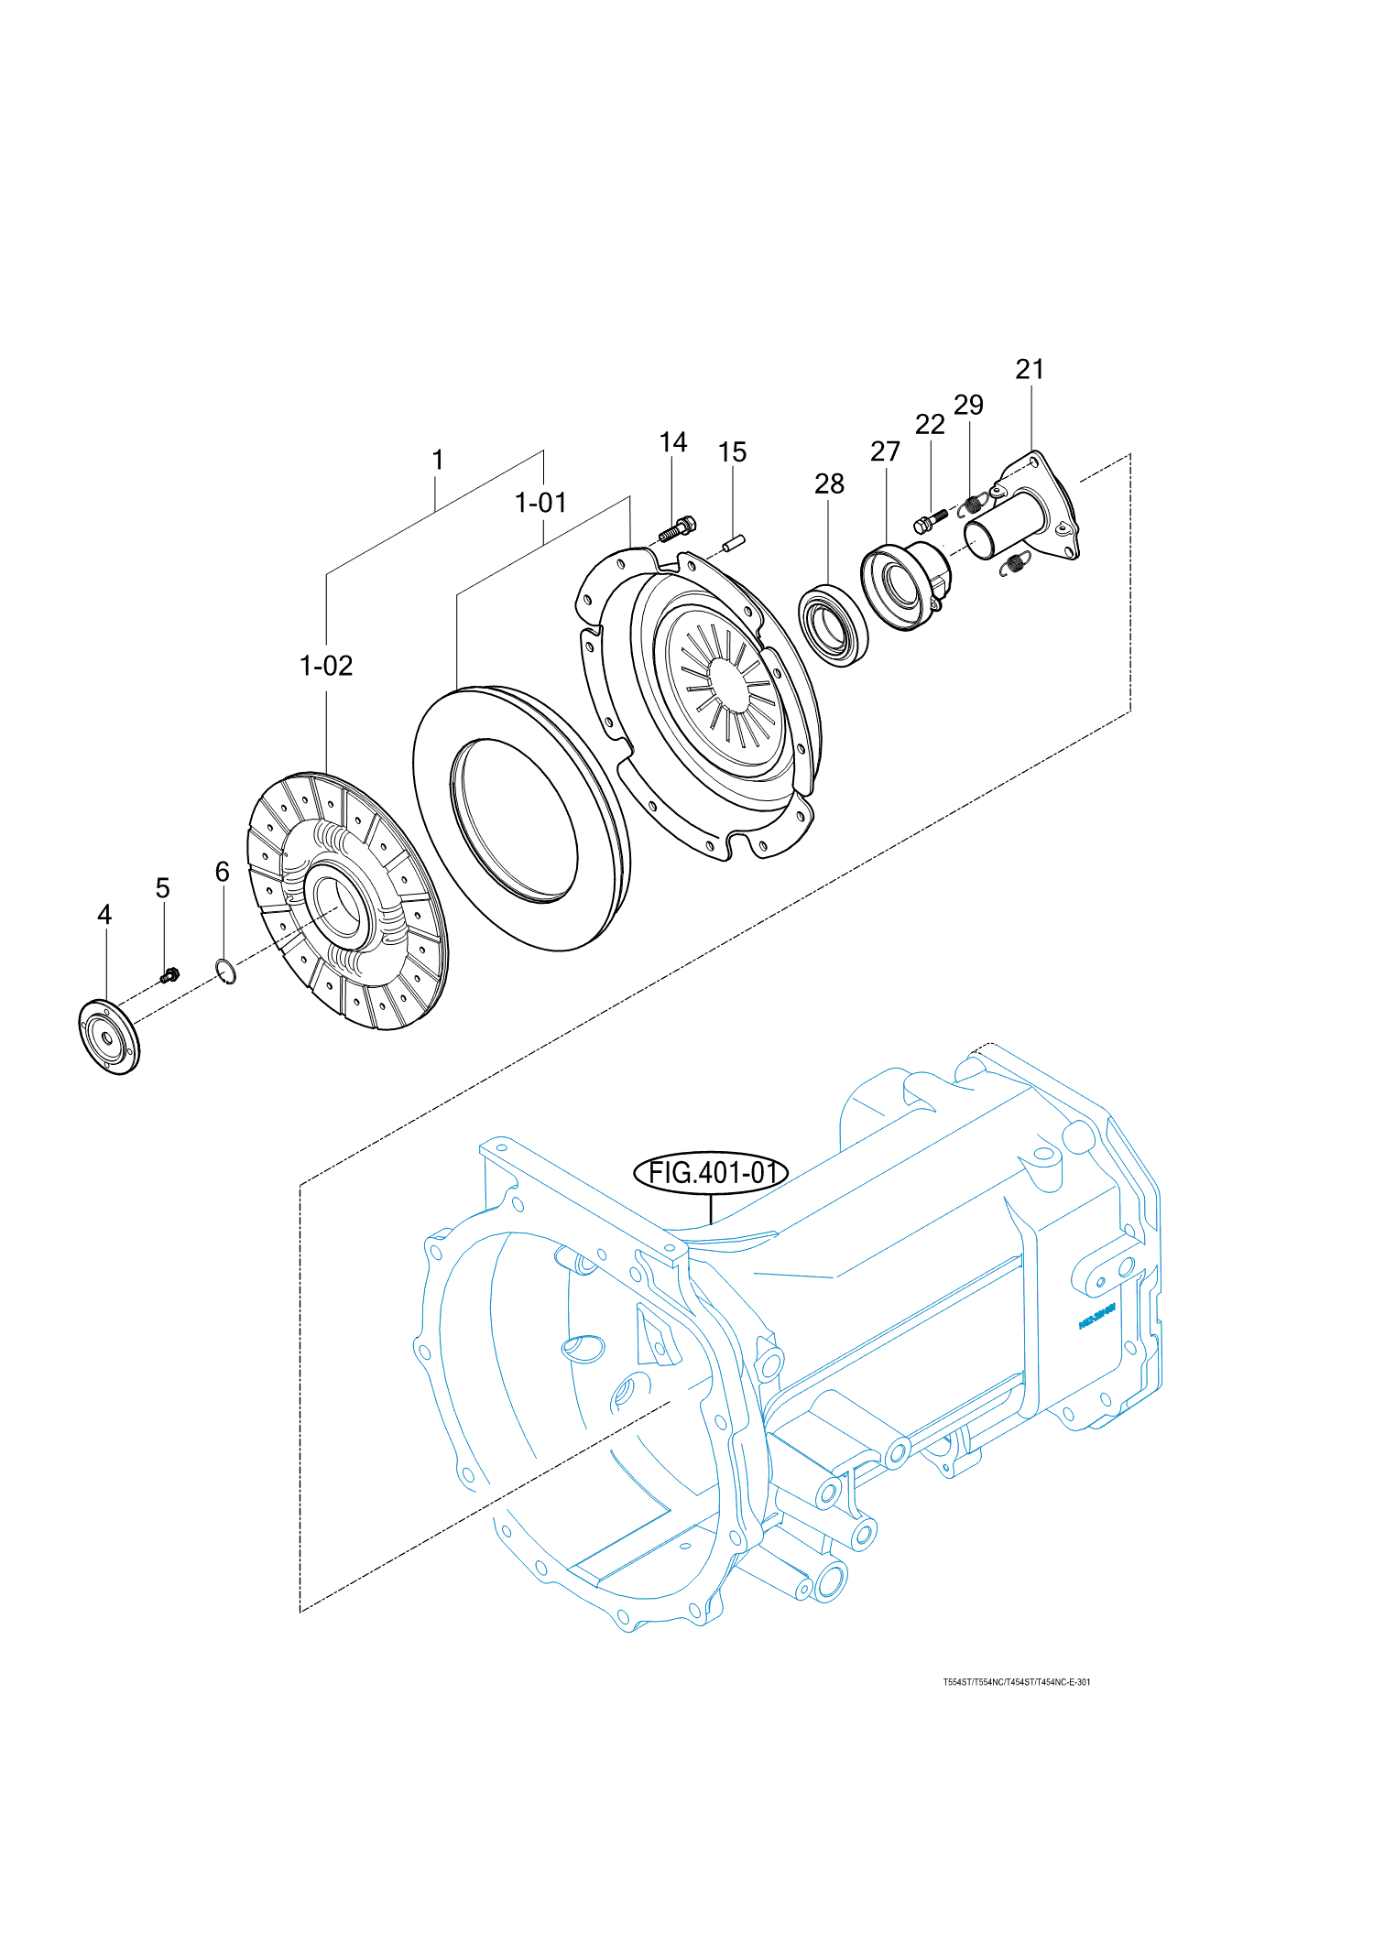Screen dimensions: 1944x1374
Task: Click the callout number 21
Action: click(x=1030, y=369)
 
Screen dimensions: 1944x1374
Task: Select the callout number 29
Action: click(x=968, y=405)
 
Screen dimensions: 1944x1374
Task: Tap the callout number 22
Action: click(x=930, y=424)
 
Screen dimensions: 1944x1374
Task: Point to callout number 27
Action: click(x=885, y=451)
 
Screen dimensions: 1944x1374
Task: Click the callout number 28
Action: click(x=829, y=483)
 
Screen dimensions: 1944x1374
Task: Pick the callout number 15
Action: click(x=732, y=452)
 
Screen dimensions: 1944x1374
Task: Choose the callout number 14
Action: click(x=673, y=442)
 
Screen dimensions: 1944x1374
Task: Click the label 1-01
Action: click(x=540, y=503)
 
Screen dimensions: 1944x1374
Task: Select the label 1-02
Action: click(x=326, y=666)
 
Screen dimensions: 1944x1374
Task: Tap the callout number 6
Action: click(x=222, y=872)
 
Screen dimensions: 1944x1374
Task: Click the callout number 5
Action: click(x=162, y=888)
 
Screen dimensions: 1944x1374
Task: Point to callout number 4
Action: click(x=104, y=915)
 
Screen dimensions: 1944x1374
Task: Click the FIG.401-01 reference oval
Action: click(x=711, y=1172)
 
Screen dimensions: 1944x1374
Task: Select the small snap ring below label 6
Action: click(x=225, y=971)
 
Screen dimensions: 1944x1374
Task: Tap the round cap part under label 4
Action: click(x=109, y=1038)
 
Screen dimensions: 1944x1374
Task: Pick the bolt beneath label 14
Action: click(x=677, y=528)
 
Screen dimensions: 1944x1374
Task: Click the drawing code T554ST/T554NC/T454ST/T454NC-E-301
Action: click(x=1017, y=1682)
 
